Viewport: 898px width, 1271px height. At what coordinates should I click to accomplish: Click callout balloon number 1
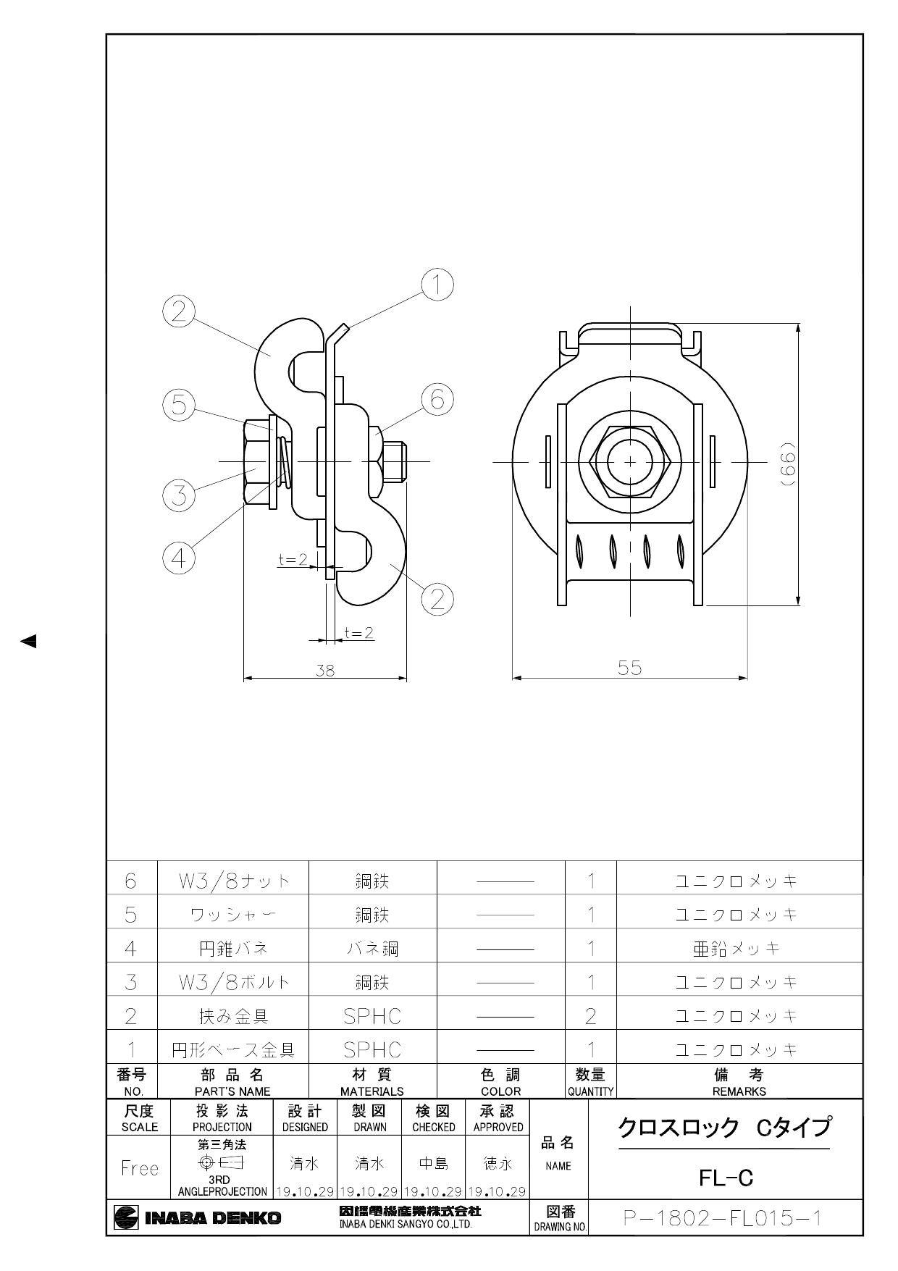coord(437,285)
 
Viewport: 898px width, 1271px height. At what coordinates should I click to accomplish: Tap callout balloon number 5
coord(179,405)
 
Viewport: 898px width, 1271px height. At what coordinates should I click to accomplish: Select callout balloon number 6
coord(437,399)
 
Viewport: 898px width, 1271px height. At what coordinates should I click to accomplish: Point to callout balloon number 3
coord(179,495)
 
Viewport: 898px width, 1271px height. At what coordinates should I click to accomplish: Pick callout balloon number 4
coord(179,558)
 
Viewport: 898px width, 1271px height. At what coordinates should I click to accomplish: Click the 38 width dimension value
coord(325,670)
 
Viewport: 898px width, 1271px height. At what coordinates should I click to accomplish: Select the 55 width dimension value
coord(629,668)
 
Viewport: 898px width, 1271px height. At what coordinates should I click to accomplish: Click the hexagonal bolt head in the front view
coord(630,461)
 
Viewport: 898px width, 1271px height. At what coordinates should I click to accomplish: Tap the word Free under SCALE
coord(140,1167)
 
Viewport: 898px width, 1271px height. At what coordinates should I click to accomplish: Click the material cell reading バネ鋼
coord(372,948)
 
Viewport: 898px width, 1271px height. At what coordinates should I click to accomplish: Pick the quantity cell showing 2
coord(590,1015)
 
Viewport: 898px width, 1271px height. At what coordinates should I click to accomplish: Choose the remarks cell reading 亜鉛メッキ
coord(739,948)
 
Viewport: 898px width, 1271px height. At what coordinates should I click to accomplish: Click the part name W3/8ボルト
coord(233,982)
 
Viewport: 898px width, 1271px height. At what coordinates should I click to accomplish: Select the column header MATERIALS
coord(372,1091)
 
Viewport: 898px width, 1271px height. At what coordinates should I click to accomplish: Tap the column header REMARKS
coord(739,1091)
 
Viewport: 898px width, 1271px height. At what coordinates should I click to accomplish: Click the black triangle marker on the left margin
coord(28,640)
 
